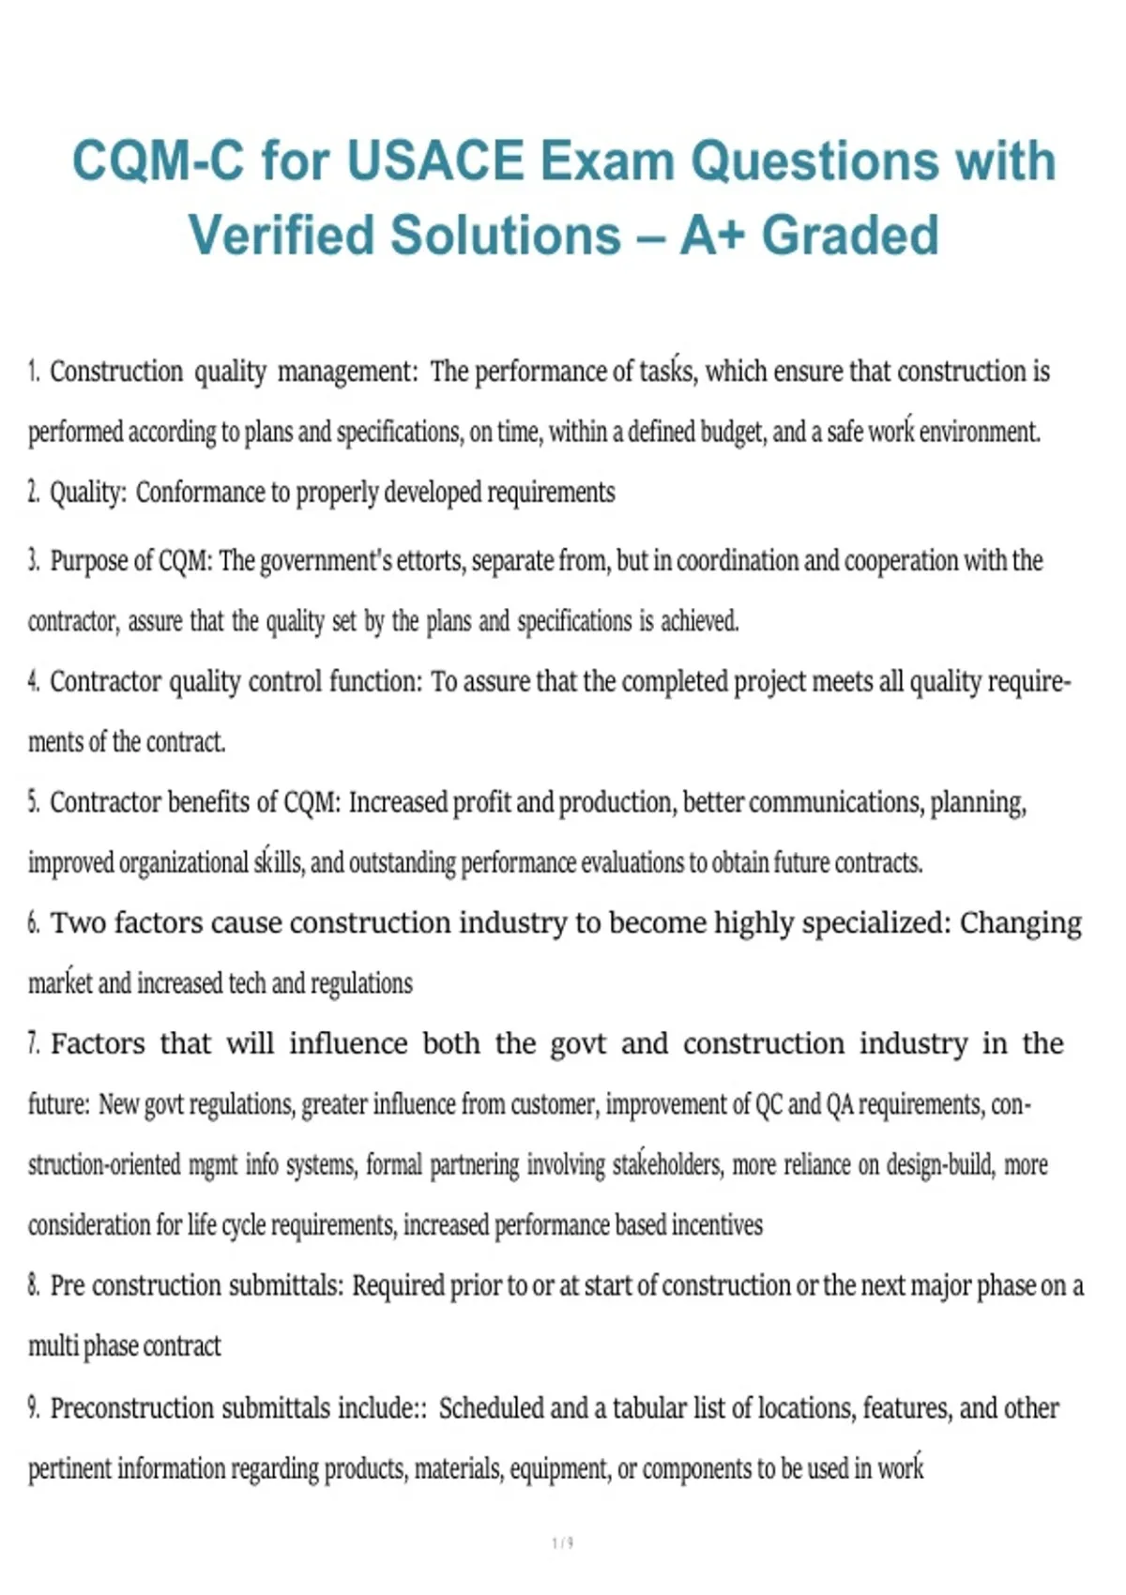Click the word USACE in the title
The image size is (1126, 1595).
pyautogui.click(x=435, y=160)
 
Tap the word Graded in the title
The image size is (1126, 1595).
pyautogui.click(x=850, y=235)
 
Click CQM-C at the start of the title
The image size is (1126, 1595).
pyautogui.click(x=158, y=160)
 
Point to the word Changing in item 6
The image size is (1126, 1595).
pyautogui.click(x=1020, y=923)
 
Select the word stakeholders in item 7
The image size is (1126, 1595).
pyautogui.click(x=667, y=1164)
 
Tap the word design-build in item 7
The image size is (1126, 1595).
pyautogui.click(x=938, y=1164)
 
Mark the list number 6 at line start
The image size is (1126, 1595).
pyautogui.click(x=33, y=923)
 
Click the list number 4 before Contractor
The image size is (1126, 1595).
pyautogui.click(x=33, y=681)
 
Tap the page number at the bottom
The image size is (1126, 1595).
pyautogui.click(x=563, y=1542)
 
